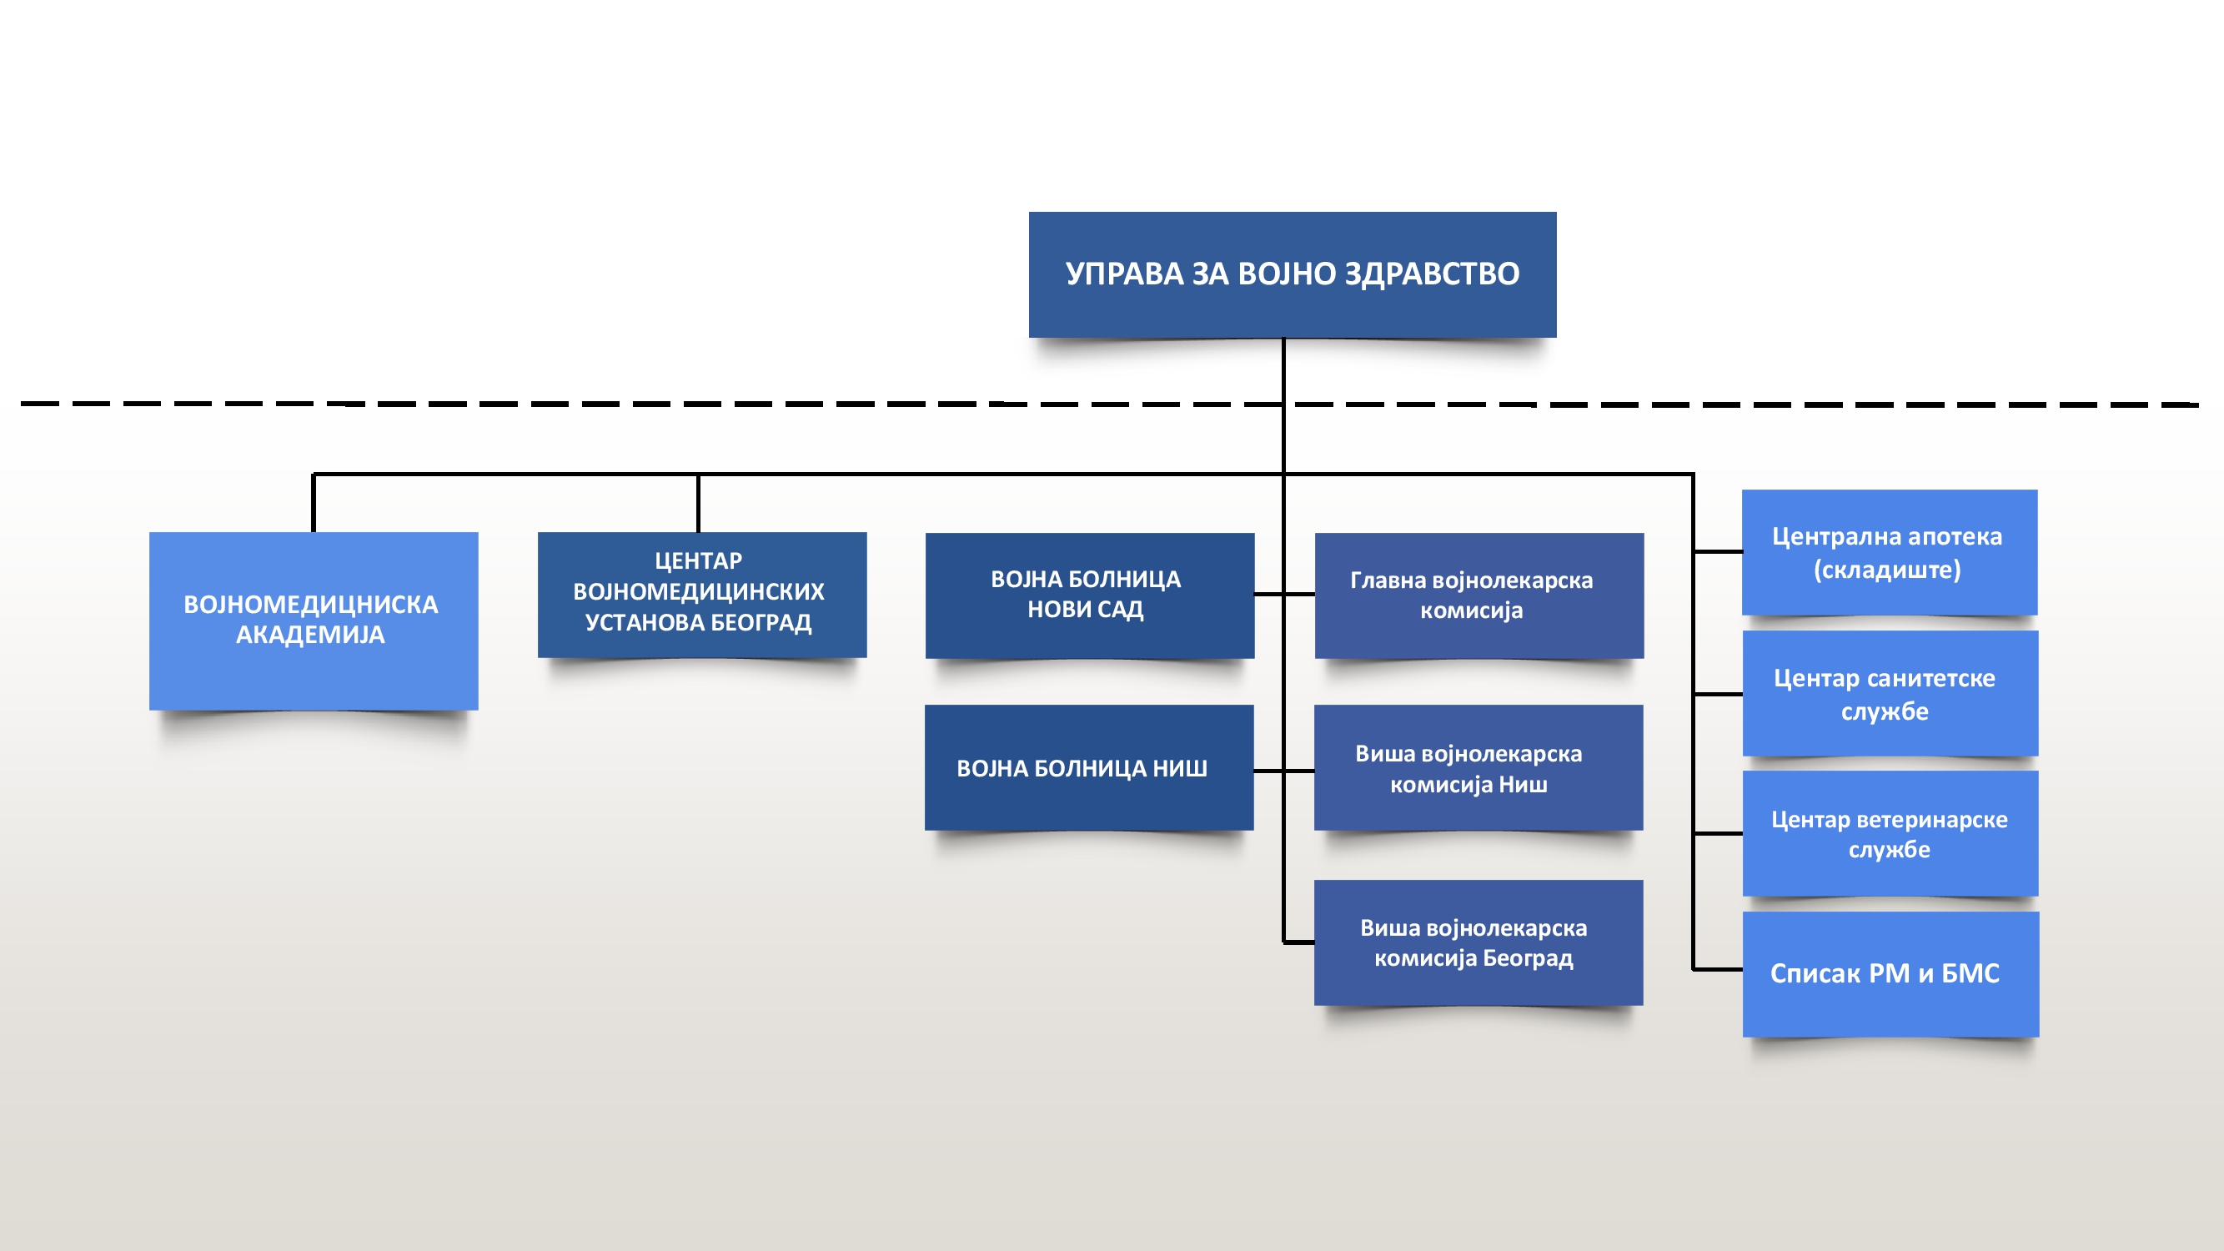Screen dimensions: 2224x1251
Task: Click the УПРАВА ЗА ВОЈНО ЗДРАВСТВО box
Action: (1293, 274)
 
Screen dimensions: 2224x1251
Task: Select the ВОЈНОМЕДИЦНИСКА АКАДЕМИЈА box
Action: (314, 620)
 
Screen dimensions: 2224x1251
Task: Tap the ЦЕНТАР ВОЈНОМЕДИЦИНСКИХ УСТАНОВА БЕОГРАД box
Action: (702, 594)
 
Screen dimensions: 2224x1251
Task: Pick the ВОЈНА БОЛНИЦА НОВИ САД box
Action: (1090, 595)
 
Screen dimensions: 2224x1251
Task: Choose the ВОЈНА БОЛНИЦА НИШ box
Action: (1089, 767)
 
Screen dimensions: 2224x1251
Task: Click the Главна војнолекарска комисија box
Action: (1479, 595)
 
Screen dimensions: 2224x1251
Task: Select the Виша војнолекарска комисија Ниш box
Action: (1478, 767)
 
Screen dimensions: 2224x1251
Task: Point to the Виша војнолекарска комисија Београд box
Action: (1478, 942)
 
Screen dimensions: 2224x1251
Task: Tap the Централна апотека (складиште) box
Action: (1890, 553)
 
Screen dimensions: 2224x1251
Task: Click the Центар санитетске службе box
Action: (1890, 693)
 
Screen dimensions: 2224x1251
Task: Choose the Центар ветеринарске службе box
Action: (1890, 833)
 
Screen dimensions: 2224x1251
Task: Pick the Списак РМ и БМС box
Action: (1890, 974)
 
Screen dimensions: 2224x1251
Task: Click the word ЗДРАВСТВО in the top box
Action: (1433, 274)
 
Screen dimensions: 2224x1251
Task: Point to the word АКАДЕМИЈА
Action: (311, 635)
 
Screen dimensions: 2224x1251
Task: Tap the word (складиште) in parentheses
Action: (1887, 570)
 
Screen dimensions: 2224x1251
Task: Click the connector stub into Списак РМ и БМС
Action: (1718, 970)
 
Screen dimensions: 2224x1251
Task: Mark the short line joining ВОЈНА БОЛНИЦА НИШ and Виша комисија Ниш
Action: (1284, 771)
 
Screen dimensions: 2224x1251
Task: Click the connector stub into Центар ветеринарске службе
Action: (1718, 834)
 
